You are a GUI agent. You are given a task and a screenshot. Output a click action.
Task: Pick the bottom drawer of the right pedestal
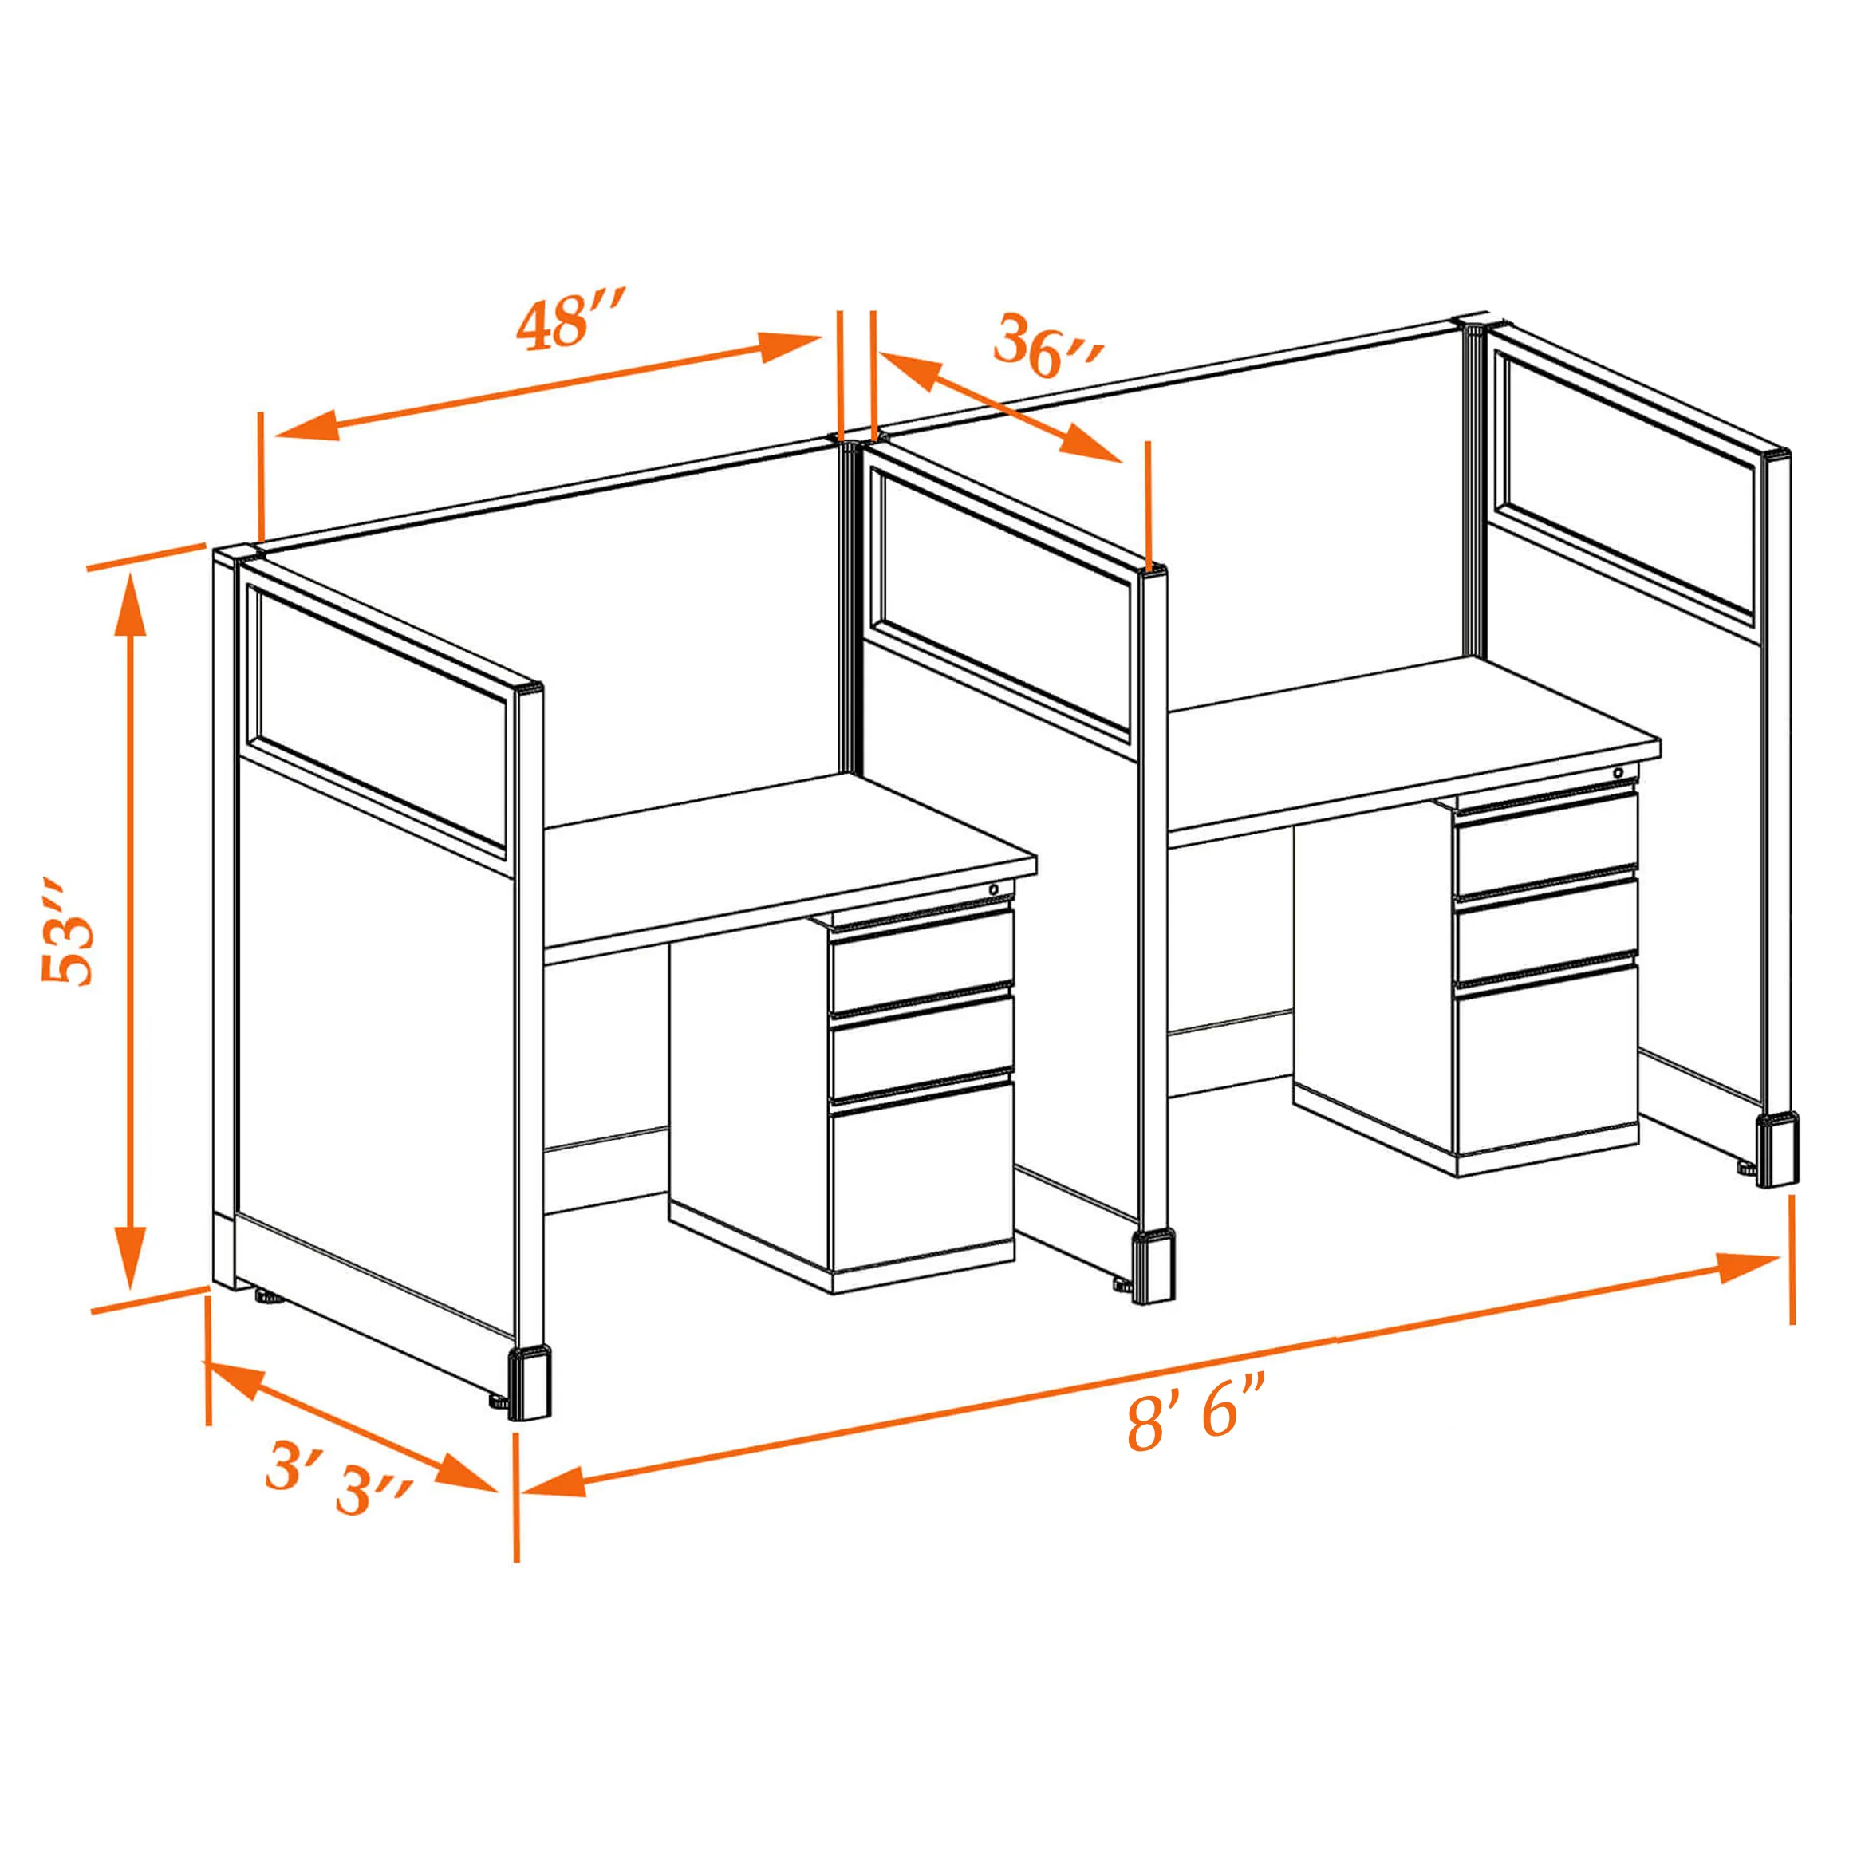1546,1064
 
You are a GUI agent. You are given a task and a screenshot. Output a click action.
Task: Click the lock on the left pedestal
994,890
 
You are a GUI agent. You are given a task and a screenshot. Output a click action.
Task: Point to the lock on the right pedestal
1618,773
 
